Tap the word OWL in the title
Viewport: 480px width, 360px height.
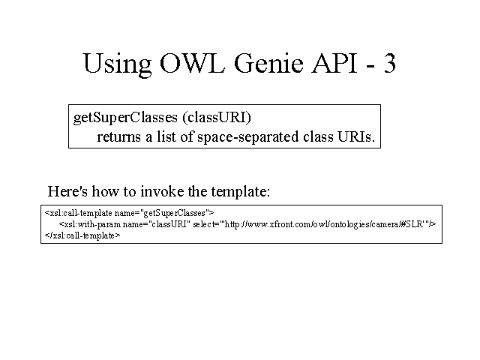click(x=192, y=63)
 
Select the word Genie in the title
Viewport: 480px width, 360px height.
click(x=268, y=63)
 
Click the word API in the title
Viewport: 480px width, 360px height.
click(x=334, y=63)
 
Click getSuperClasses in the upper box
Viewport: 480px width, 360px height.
click(x=125, y=118)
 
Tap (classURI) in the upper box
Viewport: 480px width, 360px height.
click(x=217, y=117)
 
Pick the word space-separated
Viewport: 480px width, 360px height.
click(x=248, y=137)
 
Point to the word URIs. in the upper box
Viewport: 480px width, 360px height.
click(x=356, y=136)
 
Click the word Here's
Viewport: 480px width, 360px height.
click(x=67, y=191)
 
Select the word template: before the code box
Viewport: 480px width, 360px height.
click(x=240, y=192)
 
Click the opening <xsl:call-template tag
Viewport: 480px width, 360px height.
click(x=78, y=213)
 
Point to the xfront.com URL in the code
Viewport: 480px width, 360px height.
click(x=324, y=224)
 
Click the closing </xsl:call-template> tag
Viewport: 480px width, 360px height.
click(x=82, y=235)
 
